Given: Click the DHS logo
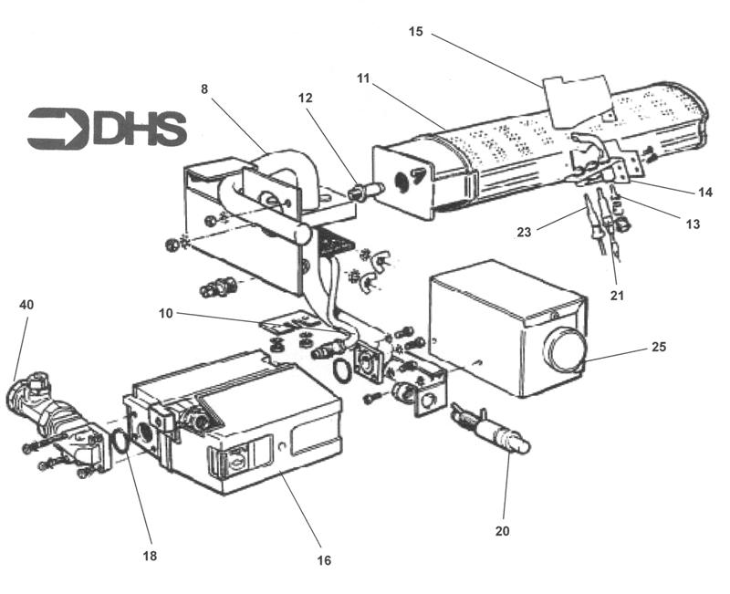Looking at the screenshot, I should (x=107, y=129).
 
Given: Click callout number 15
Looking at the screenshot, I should (x=416, y=32).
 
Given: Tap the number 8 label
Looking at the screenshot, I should (x=205, y=89).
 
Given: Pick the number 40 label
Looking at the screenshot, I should (x=26, y=305).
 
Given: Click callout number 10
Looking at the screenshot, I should (x=165, y=314).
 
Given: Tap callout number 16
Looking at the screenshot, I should (x=324, y=559).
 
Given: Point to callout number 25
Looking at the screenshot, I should (x=660, y=348).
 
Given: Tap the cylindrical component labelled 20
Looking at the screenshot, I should (x=497, y=434).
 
